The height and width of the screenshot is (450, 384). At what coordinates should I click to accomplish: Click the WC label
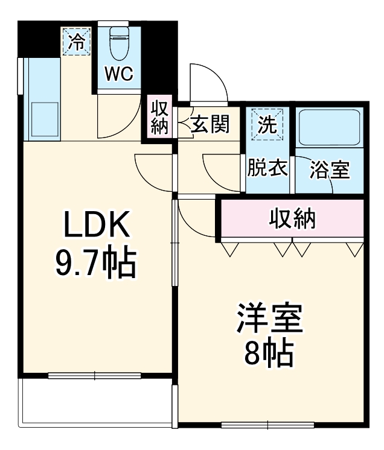click(120, 74)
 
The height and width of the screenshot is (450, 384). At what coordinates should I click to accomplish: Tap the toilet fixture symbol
click(120, 43)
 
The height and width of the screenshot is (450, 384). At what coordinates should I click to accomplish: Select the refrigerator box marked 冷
click(77, 42)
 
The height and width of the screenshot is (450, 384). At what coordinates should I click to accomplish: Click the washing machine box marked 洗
click(266, 124)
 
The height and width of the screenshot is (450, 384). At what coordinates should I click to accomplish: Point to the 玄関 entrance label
click(210, 125)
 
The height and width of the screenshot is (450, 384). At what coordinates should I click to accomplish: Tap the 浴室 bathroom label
click(330, 170)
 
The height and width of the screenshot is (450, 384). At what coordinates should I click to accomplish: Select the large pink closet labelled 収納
click(292, 219)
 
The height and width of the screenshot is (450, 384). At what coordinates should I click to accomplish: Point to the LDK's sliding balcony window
click(95, 375)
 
